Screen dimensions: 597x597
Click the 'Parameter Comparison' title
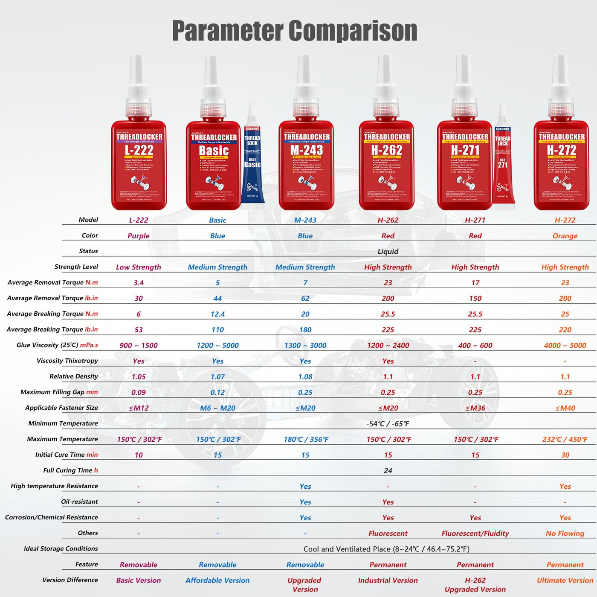pos(294,31)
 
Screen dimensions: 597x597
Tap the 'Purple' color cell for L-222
pos(139,236)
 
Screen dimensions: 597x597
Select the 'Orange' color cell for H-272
pos(565,236)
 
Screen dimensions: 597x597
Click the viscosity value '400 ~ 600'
pos(475,345)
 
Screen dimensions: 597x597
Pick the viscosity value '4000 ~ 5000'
pos(565,345)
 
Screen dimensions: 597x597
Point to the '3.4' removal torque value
pos(139,283)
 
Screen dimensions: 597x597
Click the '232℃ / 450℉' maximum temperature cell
pos(565,439)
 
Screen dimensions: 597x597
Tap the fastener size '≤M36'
pos(475,408)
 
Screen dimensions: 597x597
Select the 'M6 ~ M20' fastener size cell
pos(217,408)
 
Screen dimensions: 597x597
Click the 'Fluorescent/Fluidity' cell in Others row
pos(475,533)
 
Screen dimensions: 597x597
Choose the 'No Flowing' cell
pos(565,533)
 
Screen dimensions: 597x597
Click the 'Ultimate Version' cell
pos(565,580)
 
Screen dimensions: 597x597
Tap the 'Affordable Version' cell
pos(217,580)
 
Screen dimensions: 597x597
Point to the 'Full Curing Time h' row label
pos(70,470)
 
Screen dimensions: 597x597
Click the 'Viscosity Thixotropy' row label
pos(67,361)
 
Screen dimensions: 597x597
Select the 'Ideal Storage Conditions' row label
pos(61,549)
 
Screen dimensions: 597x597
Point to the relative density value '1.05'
pos(139,377)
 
